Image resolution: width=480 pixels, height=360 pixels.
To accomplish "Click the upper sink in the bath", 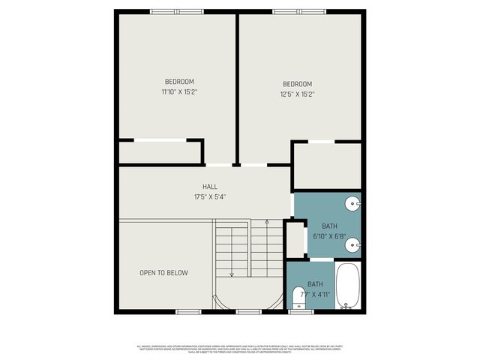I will tap(354, 202).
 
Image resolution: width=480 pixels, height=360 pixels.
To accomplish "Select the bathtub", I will tap(346, 286).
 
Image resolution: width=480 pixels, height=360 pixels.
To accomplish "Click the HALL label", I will tap(209, 187).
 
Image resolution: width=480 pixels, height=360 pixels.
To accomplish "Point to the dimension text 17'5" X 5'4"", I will tap(209, 197).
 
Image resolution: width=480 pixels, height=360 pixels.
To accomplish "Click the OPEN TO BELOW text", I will tap(163, 273).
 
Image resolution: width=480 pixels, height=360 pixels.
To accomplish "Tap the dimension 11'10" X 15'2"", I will tap(179, 92).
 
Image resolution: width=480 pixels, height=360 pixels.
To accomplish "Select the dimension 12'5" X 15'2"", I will tap(297, 94).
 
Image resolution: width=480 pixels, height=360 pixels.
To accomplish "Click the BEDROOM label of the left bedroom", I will tap(179, 82).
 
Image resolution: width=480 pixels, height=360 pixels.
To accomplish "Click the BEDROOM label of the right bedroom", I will tap(297, 83).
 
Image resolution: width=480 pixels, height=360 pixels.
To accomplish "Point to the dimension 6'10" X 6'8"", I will tap(329, 236).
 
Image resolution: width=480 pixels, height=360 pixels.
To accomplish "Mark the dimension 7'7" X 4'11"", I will tap(315, 295).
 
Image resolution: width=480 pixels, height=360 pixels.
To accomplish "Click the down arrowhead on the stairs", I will tap(232, 274).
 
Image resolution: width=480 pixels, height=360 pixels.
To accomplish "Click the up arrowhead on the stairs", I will tap(266, 223).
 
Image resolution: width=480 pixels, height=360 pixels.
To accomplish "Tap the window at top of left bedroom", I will tap(176, 11).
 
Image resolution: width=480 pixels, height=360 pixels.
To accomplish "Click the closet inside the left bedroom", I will tap(160, 152).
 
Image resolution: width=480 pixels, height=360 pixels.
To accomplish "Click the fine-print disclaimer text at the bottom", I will tap(240, 349).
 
